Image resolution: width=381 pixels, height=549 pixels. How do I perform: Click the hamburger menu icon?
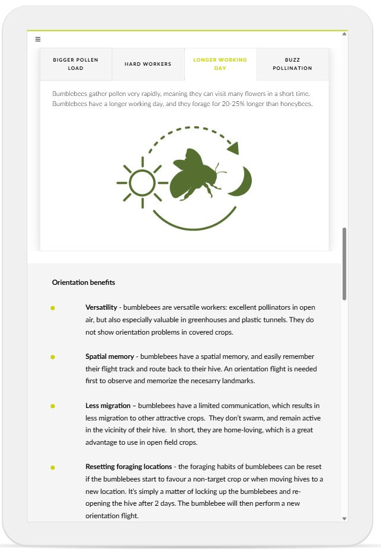click(38, 40)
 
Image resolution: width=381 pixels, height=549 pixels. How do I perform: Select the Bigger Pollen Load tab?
click(76, 64)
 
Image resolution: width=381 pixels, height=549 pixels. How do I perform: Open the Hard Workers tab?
click(148, 64)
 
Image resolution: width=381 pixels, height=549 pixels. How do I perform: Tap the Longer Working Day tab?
click(220, 64)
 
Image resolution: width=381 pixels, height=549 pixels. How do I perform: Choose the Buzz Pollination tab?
click(292, 64)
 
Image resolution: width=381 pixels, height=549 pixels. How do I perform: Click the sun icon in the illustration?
click(142, 182)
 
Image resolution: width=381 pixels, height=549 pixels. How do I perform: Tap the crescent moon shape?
click(241, 181)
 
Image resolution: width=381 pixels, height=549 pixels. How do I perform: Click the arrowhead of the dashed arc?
click(233, 147)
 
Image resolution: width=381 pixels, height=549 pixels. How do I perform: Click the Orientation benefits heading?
click(84, 282)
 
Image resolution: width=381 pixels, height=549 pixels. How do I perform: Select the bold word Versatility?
click(101, 307)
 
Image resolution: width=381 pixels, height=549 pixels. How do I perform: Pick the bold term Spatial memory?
click(109, 357)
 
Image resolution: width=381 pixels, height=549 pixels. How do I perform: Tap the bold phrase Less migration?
click(108, 406)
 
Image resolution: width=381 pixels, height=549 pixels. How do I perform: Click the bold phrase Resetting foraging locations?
click(129, 467)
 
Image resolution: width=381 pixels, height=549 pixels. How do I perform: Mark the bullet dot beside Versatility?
click(53, 308)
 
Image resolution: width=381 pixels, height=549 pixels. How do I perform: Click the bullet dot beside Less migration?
click(53, 406)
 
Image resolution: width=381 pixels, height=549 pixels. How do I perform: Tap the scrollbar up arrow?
click(344, 34)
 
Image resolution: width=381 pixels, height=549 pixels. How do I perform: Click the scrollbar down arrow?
click(344, 518)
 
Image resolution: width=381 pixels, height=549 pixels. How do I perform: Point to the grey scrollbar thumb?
click(344, 264)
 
